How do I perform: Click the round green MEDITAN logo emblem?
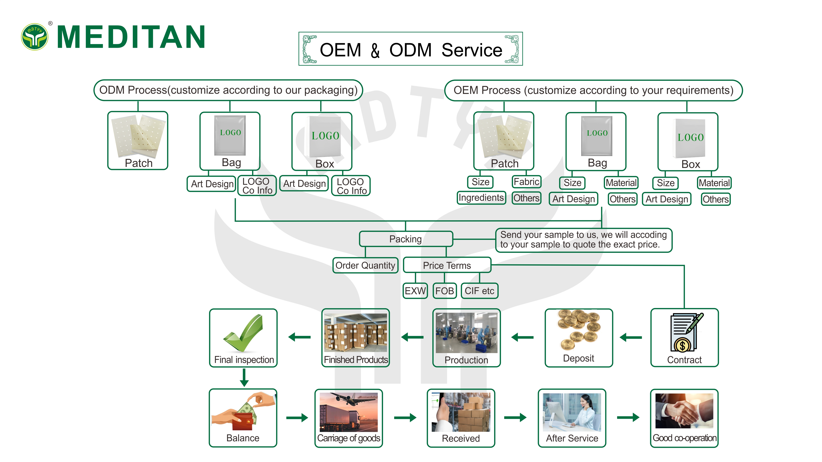tap(34, 37)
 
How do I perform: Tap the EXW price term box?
tap(415, 291)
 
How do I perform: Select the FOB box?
tap(444, 291)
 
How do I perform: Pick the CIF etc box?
tap(479, 291)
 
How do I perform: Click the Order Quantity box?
tap(365, 265)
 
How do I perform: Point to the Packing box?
tap(406, 239)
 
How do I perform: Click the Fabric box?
tap(527, 182)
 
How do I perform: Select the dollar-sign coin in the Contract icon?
tap(682, 345)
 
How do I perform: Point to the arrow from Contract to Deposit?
tap(631, 337)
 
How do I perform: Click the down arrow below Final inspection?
tap(244, 378)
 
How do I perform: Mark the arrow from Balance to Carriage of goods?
tap(297, 418)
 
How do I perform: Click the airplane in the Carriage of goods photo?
tap(351, 399)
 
